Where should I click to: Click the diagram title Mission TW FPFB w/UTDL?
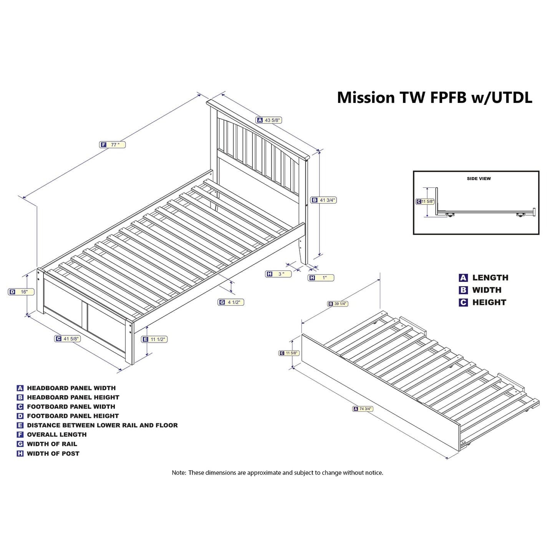point(434,98)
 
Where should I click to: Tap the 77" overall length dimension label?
point(113,145)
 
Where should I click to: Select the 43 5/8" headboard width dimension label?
point(268,120)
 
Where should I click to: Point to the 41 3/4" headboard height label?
point(323,200)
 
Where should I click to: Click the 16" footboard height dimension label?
point(21,292)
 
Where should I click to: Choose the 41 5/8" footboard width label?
point(67,339)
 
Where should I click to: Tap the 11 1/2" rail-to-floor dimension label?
point(154,339)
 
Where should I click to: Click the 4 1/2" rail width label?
point(231,302)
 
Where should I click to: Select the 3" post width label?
point(278,274)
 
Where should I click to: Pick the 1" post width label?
point(321,278)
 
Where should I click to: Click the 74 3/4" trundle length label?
point(363,409)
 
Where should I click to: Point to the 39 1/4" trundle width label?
point(338,303)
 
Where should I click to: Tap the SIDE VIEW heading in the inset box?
point(479,179)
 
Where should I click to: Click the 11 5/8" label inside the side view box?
point(425,202)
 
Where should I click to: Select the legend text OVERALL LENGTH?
point(57,435)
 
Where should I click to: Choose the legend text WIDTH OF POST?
point(53,454)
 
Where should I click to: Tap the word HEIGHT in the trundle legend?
point(489,302)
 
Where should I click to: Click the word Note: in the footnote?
point(179,473)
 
